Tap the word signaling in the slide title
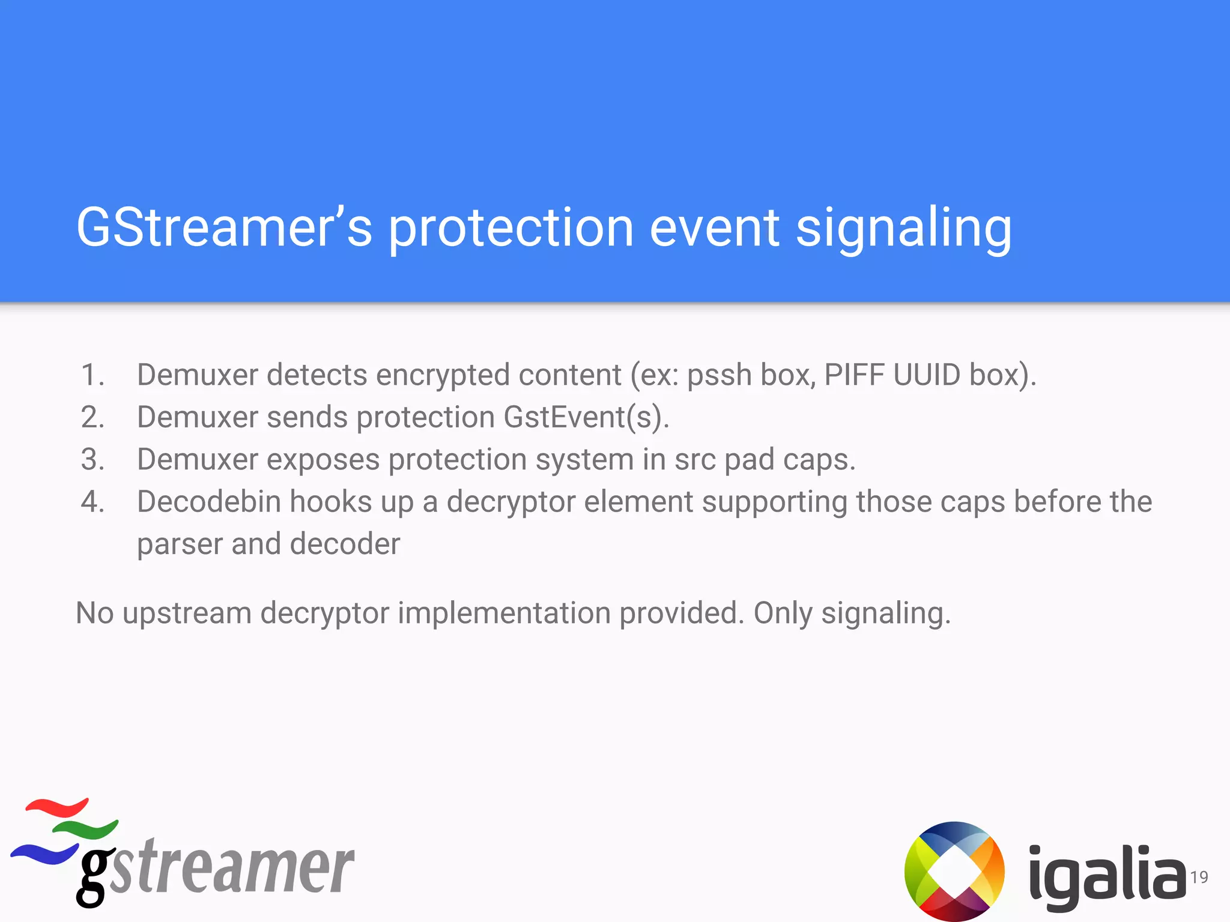coord(903,229)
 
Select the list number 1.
coord(92,375)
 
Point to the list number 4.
coord(92,502)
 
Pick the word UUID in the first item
coord(927,375)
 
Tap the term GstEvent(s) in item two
coord(586,417)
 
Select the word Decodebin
coord(209,502)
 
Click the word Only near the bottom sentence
coord(783,614)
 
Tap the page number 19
coord(1199,877)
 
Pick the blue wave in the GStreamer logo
coord(45,852)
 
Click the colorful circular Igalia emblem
coord(954,871)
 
